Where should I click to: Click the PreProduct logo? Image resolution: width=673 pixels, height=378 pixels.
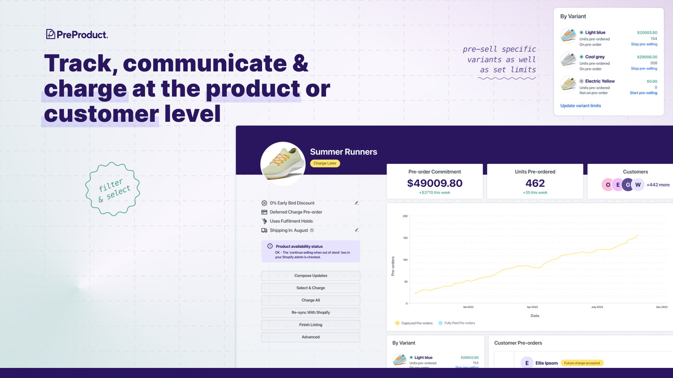(x=77, y=35)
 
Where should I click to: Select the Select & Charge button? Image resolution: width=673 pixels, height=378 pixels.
(x=311, y=288)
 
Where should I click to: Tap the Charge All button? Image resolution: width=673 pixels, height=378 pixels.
(x=311, y=300)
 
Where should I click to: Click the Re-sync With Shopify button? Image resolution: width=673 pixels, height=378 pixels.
(x=311, y=312)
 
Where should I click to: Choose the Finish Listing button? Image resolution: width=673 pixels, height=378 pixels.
(x=311, y=325)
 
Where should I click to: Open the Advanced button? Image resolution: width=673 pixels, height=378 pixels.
(x=311, y=337)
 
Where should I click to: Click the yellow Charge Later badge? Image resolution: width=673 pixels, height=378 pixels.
(x=325, y=163)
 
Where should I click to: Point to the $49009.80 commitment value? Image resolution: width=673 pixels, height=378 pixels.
(x=435, y=183)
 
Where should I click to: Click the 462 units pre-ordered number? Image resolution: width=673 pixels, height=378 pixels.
(x=535, y=183)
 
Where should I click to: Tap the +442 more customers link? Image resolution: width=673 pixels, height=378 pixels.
(x=658, y=185)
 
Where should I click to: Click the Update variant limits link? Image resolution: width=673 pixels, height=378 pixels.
(x=580, y=106)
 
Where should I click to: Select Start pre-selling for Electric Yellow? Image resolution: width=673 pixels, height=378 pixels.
(x=643, y=93)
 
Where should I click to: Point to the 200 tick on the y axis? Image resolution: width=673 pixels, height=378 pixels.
(x=405, y=216)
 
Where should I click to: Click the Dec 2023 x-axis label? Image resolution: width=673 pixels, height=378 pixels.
(x=661, y=307)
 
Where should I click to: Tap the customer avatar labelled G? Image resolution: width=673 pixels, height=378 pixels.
(x=627, y=185)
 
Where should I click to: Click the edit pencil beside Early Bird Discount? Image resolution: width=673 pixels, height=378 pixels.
(x=357, y=203)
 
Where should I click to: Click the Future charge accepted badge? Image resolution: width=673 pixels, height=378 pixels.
(x=582, y=363)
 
